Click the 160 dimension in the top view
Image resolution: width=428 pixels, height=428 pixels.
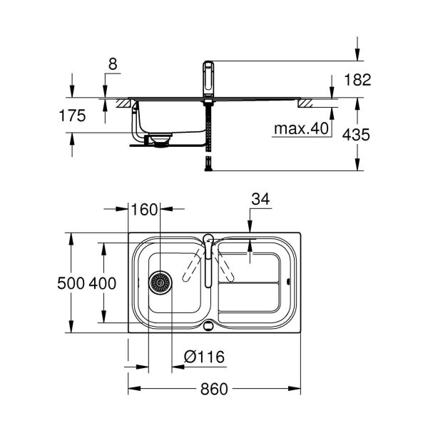click(143, 210)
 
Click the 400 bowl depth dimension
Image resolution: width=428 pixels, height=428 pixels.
click(103, 283)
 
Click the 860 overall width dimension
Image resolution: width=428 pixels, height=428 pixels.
click(214, 389)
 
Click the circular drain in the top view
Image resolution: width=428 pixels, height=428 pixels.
click(160, 282)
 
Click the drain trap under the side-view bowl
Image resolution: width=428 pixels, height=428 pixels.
click(158, 140)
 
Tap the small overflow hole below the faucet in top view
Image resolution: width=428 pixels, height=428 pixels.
click(208, 327)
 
